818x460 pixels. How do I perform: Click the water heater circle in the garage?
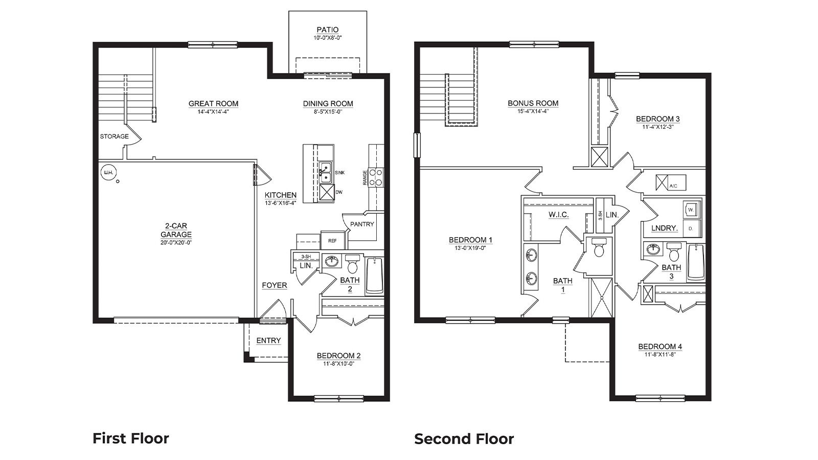point(108,173)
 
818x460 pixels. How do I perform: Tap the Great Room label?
point(213,104)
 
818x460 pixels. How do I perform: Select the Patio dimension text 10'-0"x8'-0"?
point(327,38)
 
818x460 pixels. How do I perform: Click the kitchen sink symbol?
point(325,172)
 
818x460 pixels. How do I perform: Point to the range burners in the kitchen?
point(376,177)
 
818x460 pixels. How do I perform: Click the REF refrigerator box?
point(332,241)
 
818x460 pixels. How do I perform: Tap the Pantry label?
point(362,224)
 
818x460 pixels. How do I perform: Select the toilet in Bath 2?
point(353,265)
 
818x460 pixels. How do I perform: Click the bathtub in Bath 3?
point(695,263)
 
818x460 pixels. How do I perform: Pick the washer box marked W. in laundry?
point(691,210)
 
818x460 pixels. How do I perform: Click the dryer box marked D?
point(691,228)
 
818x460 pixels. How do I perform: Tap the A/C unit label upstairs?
point(673,186)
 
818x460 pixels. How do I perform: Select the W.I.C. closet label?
point(558,215)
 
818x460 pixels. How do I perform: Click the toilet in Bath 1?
point(599,249)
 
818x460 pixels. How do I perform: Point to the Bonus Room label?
point(533,103)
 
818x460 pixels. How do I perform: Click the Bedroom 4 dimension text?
point(660,354)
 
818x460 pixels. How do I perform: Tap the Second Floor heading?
point(464,439)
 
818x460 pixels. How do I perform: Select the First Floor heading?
point(130,439)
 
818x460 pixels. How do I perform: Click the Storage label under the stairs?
point(114,136)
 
